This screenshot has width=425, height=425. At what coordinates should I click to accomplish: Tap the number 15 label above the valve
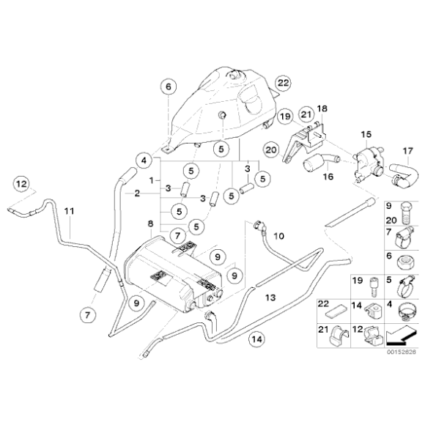click(366, 134)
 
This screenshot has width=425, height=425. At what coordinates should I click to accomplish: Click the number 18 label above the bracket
click(321, 109)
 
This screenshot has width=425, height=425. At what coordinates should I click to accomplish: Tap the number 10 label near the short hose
click(278, 236)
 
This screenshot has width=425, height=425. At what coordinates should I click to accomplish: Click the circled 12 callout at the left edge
click(21, 182)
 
